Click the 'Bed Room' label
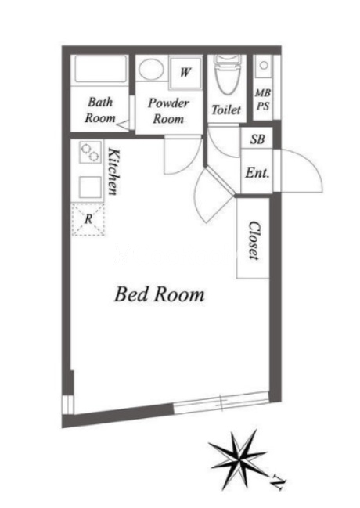coord(159,294)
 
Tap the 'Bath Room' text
coord(100,110)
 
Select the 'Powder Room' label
coord(168,111)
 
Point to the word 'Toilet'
coord(226,110)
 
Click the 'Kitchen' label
coord(113,171)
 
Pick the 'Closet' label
coord(254,240)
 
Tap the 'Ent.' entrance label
coord(257,173)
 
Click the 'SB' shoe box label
coord(257,139)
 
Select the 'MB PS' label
coord(263,99)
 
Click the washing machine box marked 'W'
coord(185,73)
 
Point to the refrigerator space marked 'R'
coord(88,219)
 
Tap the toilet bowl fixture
coord(228,75)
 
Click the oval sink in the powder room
coord(151,68)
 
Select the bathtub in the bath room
coord(100,69)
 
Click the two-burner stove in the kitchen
coord(90,153)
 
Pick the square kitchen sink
coord(90,187)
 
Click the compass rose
coord(238,458)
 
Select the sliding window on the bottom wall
coord(221,402)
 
